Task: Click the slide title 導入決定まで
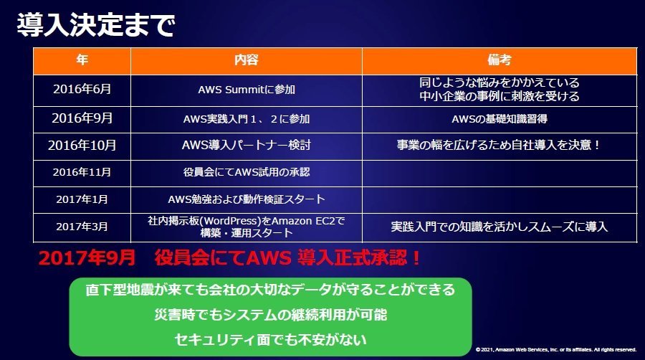[x=96, y=25]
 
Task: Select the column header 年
[x=82, y=60]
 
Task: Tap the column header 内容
[x=247, y=60]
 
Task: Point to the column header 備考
[x=500, y=60]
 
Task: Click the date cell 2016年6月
[x=82, y=89]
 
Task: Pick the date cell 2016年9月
[x=82, y=118]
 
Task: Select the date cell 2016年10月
[x=82, y=146]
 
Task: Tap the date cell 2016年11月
[x=82, y=172]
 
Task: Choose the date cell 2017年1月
[x=82, y=199]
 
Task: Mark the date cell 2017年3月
[x=82, y=227]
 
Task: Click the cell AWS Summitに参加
[x=247, y=90]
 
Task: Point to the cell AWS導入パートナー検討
[x=247, y=146]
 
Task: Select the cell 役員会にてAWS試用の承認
[x=247, y=172]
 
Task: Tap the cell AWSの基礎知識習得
[x=500, y=119]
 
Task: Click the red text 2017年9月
[x=87, y=258]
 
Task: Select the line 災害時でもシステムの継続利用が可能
[x=271, y=315]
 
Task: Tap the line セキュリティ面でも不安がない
[x=271, y=340]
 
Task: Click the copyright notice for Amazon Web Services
[x=556, y=350]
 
